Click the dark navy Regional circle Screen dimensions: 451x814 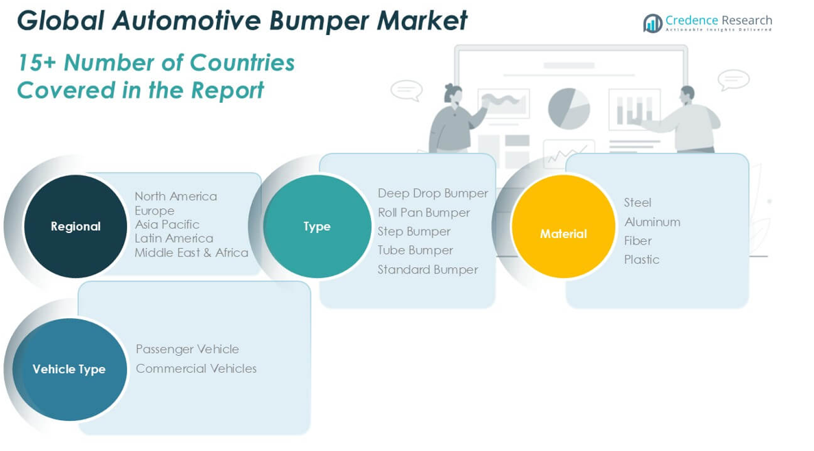(x=75, y=226)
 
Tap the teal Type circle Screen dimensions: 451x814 (x=317, y=226)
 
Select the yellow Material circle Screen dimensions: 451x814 (x=563, y=227)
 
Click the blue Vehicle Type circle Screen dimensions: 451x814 (x=69, y=369)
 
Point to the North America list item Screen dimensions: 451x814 (x=176, y=196)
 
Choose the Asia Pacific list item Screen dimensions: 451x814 (x=167, y=224)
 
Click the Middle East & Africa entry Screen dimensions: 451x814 (x=191, y=252)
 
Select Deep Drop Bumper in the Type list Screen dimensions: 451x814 (x=433, y=193)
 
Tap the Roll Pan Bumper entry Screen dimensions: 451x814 (x=424, y=212)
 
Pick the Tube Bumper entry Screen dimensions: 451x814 (x=415, y=250)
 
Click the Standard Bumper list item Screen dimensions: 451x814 (x=427, y=269)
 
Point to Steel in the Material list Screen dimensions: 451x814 (x=637, y=202)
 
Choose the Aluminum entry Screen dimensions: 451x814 (x=651, y=221)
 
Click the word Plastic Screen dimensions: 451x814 (x=641, y=259)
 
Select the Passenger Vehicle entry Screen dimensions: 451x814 (x=187, y=349)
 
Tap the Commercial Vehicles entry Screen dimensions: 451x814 (x=196, y=368)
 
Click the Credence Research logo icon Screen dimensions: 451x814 (x=652, y=23)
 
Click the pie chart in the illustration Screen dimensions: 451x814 (x=568, y=108)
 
